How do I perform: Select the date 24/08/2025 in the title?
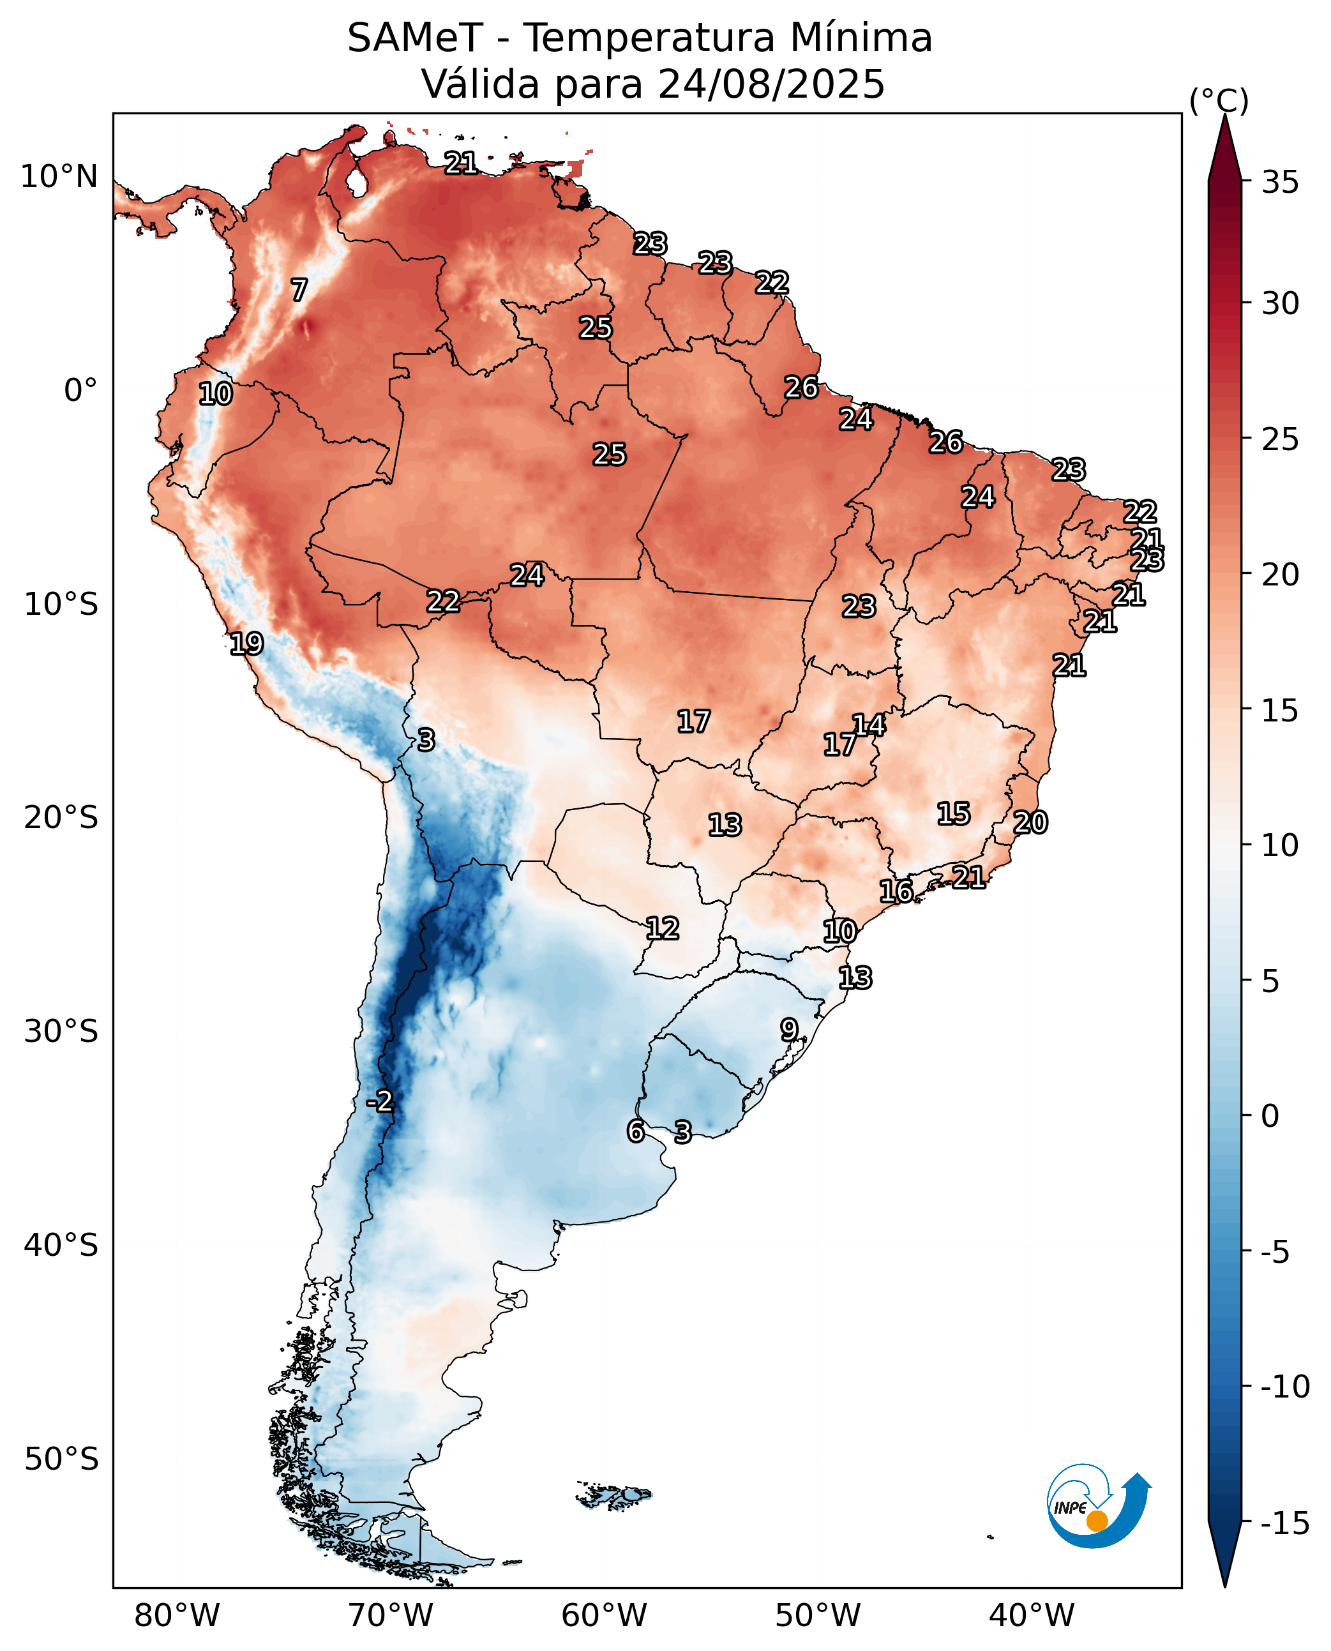pyautogui.click(x=771, y=84)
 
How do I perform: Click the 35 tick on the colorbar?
pyautogui.click(x=1281, y=183)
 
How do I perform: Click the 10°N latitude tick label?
pyautogui.click(x=59, y=177)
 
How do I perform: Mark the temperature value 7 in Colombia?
pyautogui.click(x=299, y=290)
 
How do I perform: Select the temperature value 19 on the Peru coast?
pyautogui.click(x=246, y=644)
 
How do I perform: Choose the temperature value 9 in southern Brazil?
pyautogui.click(x=789, y=1029)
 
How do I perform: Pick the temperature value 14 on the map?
pyautogui.click(x=869, y=724)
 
